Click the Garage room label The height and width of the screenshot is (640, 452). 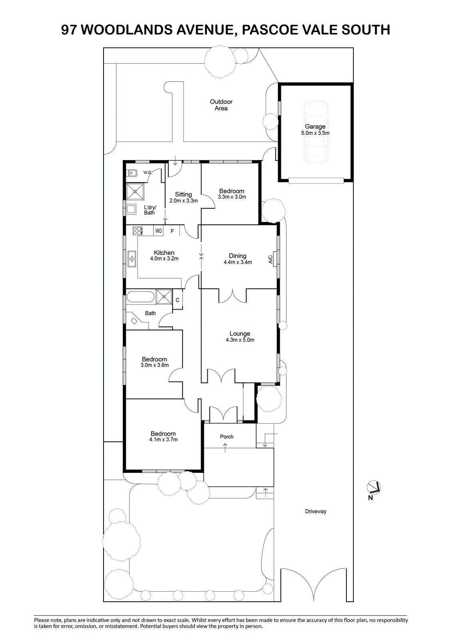315,126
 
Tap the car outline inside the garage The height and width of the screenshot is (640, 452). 315,132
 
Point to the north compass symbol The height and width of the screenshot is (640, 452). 374,488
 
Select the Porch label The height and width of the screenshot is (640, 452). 227,436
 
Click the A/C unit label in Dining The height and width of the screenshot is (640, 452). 271,259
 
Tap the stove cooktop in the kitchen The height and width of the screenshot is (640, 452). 137,230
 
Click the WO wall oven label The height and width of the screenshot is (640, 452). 159,231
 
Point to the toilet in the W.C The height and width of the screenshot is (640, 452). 132,172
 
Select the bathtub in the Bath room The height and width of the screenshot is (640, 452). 141,297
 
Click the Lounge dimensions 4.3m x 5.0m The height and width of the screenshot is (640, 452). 240,340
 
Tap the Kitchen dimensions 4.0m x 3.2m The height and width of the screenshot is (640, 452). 164,259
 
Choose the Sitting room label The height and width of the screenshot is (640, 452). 183,194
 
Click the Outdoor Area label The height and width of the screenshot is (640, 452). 221,105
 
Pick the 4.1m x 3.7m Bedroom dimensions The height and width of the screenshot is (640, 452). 163,440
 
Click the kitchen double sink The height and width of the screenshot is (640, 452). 131,259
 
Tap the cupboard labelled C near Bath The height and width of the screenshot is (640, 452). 177,300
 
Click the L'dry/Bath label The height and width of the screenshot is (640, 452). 150,210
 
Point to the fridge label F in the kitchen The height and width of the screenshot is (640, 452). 172,231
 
